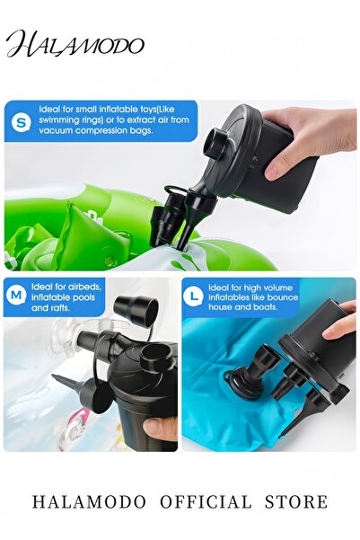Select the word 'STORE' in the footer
pyautogui.click(x=296, y=502)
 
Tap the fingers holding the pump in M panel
pyautogui.click(x=162, y=429)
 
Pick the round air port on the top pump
pyautogui.click(x=217, y=142)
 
